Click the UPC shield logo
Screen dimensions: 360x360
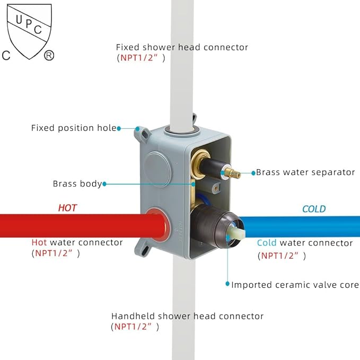click(29, 32)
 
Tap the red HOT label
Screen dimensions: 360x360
click(67, 208)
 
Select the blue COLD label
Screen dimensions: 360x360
click(314, 209)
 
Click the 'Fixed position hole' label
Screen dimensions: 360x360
click(74, 128)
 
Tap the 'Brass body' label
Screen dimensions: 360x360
click(77, 184)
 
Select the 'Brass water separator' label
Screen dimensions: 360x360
click(305, 172)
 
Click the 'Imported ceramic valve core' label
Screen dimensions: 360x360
click(295, 285)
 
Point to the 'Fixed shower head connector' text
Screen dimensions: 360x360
click(182, 47)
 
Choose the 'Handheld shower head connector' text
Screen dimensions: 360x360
click(187, 316)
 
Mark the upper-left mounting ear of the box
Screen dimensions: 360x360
click(141, 130)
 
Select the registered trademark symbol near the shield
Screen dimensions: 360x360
click(49, 55)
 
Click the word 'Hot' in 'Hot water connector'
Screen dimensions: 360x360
click(39, 242)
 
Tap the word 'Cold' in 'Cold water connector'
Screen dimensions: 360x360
click(267, 243)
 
